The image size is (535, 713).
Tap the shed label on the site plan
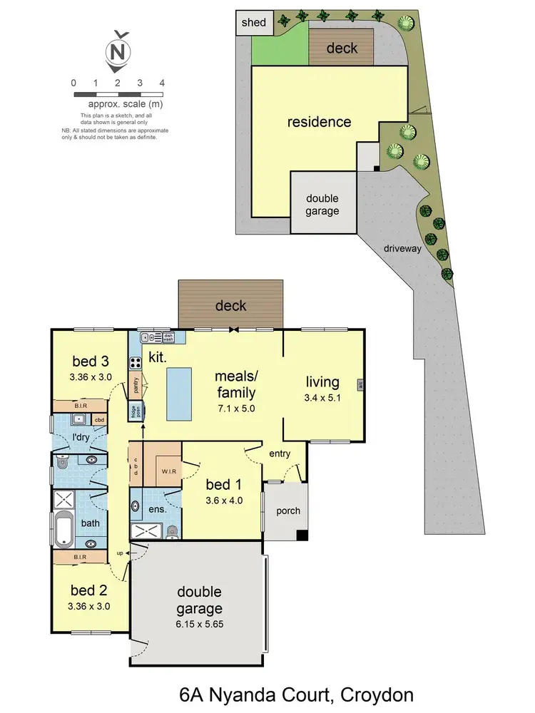[253, 22]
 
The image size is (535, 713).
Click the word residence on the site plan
[319, 122]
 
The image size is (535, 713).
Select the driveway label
[403, 249]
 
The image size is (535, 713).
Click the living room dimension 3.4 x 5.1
[322, 399]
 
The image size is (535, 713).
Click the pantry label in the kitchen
[136, 385]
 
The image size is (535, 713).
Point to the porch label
[287, 511]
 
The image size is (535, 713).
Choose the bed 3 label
[90, 360]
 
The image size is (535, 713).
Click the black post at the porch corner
[303, 535]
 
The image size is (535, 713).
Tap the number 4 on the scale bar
[162, 83]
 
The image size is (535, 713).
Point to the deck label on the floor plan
[230, 306]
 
